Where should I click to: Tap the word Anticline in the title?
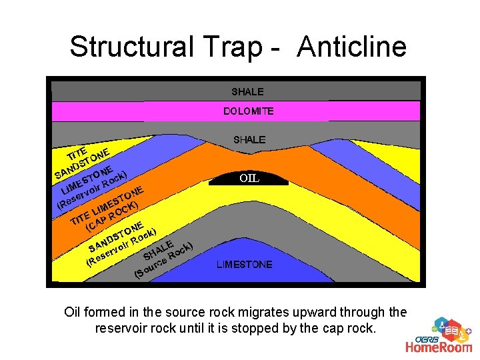click(x=352, y=47)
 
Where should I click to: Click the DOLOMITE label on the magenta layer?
click(x=248, y=111)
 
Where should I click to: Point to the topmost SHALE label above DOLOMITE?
click(x=247, y=91)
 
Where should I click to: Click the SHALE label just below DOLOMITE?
click(x=249, y=139)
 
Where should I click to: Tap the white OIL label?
click(x=249, y=179)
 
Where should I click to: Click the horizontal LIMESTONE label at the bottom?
click(x=244, y=265)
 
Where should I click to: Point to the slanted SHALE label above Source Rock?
click(x=160, y=249)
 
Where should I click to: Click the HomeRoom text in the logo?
click(x=439, y=346)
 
